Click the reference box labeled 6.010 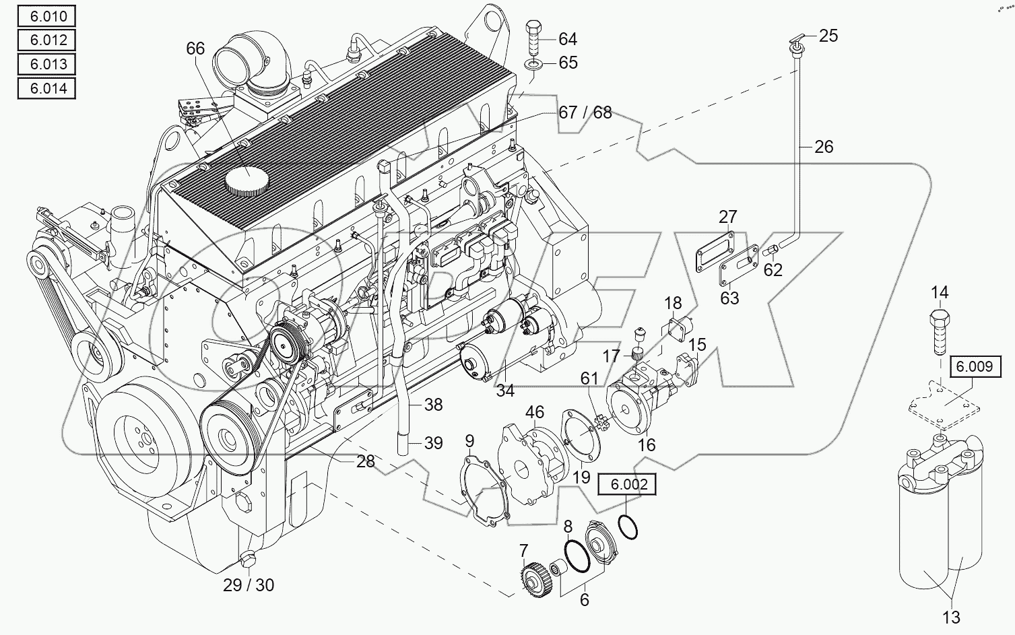[x=46, y=15]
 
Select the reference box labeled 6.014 [x=46, y=88]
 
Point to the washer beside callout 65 [x=533, y=65]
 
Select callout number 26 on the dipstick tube [x=824, y=146]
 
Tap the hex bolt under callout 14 [x=940, y=331]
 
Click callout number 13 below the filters [x=951, y=617]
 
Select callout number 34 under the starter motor [x=505, y=390]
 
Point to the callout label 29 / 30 [x=249, y=585]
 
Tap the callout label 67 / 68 [x=585, y=112]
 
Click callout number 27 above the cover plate [x=727, y=217]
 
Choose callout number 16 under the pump [x=647, y=445]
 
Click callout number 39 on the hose [x=433, y=443]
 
